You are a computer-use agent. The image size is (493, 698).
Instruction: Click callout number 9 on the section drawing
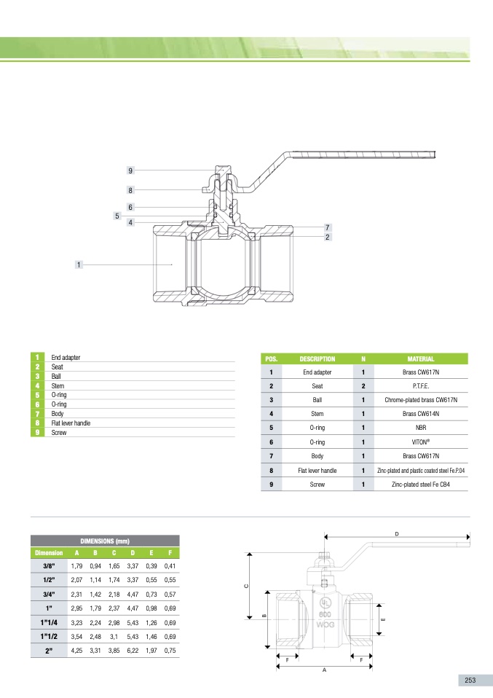point(130,170)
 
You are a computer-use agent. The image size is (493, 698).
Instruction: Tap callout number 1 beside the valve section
point(78,264)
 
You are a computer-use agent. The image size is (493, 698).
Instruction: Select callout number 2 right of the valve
point(328,237)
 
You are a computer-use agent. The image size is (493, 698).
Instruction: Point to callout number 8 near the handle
point(130,190)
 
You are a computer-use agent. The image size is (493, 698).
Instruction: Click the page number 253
point(470,680)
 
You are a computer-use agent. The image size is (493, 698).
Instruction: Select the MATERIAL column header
point(420,358)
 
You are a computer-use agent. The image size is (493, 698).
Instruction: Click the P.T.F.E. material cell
point(420,385)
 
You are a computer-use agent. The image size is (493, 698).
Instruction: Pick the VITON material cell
point(420,442)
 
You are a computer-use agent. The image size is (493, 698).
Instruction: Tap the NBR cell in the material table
point(420,428)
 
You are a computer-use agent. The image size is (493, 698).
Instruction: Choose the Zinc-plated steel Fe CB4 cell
point(420,483)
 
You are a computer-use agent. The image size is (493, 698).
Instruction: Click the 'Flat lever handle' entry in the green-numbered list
point(71,423)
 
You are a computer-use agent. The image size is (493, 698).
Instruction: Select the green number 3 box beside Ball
point(36,376)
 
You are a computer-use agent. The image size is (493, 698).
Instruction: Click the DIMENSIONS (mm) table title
point(104,541)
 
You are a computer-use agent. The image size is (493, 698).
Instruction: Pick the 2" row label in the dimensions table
point(49,650)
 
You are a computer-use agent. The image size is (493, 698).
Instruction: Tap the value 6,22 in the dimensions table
point(133,650)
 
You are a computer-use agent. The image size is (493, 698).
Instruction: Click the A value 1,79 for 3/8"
point(76,566)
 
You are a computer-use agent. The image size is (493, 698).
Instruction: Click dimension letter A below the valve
point(324,671)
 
